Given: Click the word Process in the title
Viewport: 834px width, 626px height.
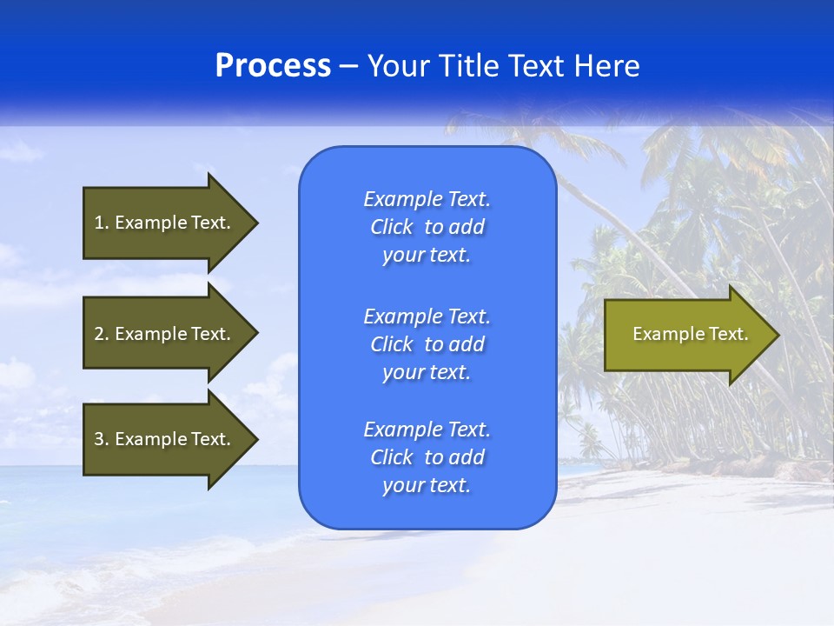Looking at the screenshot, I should [273, 66].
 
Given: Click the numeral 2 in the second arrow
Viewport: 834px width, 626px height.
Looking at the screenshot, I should [99, 334].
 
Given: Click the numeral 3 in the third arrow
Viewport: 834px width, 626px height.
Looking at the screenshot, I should [99, 439].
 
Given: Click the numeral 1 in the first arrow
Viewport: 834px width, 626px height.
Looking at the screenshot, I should [99, 223].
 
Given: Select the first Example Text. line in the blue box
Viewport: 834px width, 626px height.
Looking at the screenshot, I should [427, 199].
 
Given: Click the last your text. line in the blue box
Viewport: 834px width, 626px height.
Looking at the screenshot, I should [427, 485].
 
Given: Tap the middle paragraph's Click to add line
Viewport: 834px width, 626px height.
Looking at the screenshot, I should [427, 344].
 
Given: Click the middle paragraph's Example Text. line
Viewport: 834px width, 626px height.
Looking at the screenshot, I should [427, 316].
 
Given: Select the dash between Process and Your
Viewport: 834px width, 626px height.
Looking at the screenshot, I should [348, 66].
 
